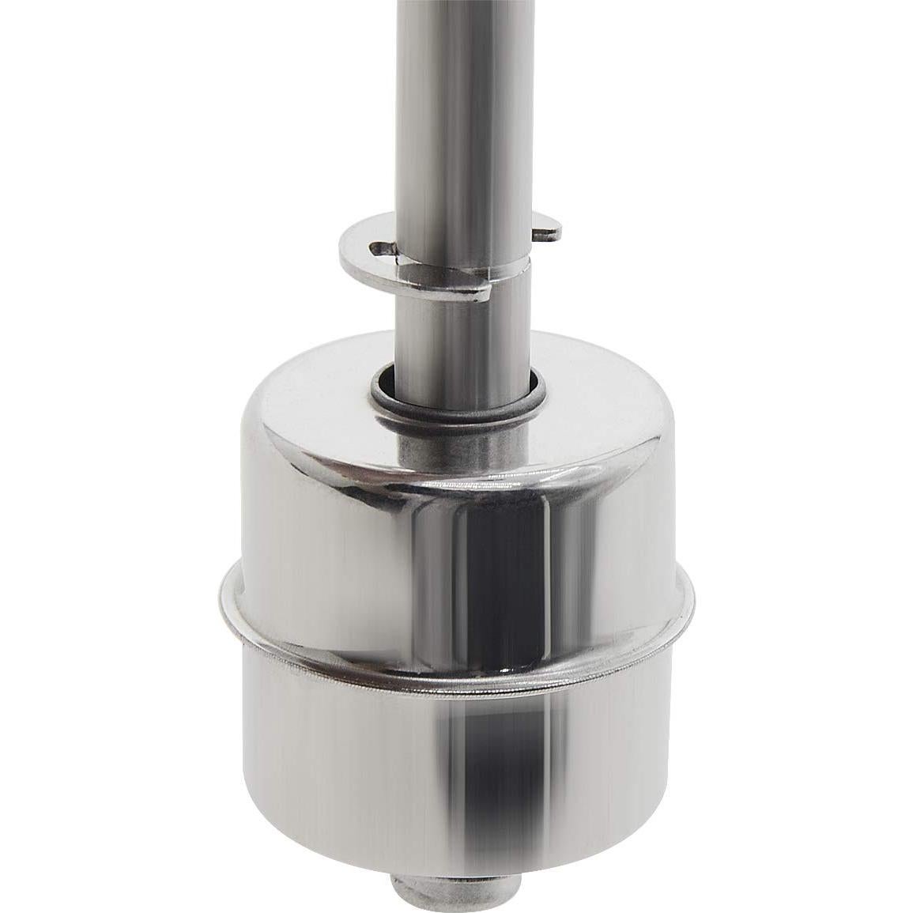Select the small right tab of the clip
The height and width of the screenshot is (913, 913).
[x=549, y=230]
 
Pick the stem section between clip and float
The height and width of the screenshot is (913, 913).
[x=458, y=332]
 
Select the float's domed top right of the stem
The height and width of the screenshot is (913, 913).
[x=601, y=427]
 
